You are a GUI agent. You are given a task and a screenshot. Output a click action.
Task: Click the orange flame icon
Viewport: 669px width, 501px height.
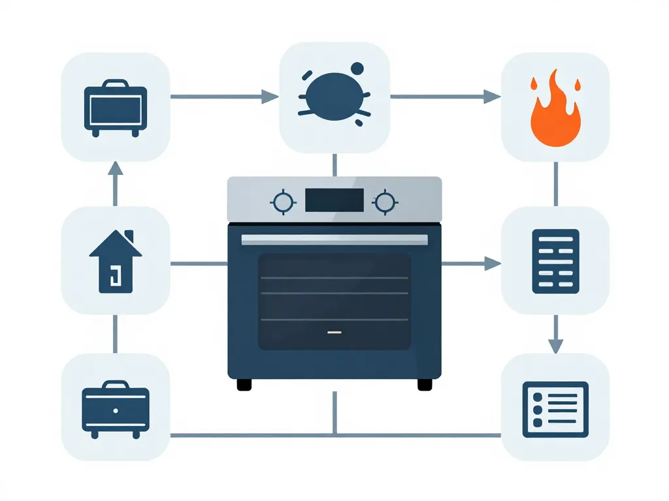[555, 111]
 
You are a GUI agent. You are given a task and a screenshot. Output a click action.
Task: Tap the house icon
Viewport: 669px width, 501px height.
[115, 261]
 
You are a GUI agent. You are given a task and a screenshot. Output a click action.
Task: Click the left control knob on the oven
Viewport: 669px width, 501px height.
[283, 202]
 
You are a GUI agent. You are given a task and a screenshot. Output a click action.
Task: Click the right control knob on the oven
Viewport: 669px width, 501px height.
[385, 202]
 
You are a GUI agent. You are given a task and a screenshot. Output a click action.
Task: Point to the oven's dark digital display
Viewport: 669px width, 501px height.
[334, 200]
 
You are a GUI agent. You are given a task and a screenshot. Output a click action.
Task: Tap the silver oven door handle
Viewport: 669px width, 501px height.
[334, 239]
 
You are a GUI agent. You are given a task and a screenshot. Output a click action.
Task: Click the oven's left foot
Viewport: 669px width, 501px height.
[244, 385]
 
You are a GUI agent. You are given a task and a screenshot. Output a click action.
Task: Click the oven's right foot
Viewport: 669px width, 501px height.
[425, 385]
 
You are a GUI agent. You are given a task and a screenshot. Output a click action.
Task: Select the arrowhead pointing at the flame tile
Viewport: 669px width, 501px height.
[491, 97]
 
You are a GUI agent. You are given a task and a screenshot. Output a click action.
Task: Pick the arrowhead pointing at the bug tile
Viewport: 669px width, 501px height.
[270, 97]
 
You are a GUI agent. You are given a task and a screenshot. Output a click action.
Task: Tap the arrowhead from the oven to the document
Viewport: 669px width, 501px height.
[491, 264]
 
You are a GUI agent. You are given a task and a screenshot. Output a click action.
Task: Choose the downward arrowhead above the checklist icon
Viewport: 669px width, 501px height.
[555, 346]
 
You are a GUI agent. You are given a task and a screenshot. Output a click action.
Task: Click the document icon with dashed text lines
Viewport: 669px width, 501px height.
[555, 260]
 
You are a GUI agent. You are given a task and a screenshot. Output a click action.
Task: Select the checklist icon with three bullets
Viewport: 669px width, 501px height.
[555, 409]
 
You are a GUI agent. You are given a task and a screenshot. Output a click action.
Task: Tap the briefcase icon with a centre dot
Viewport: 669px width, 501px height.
[116, 409]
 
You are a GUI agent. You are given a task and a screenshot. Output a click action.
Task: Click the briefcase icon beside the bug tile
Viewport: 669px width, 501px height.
[116, 108]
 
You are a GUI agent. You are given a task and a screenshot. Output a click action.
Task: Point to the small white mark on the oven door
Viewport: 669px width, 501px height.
[334, 332]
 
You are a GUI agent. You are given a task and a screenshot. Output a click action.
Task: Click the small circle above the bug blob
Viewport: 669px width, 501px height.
[357, 68]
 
